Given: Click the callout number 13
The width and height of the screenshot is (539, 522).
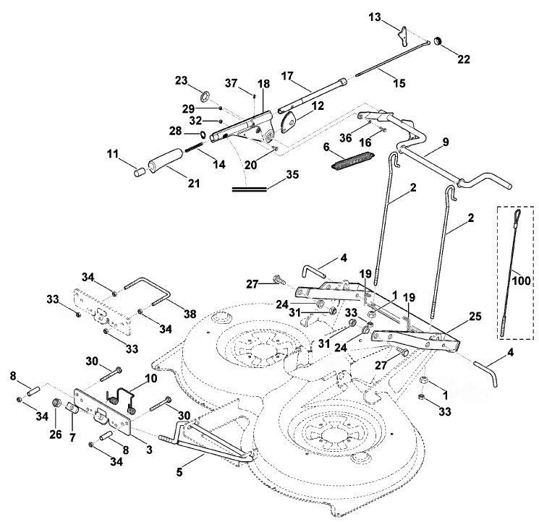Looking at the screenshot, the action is point(375,17).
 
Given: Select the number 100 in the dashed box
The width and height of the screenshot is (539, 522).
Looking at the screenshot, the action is point(522,281).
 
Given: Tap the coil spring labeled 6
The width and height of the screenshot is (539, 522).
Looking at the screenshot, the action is point(352,161).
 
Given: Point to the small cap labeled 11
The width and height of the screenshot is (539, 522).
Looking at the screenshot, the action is point(140,171).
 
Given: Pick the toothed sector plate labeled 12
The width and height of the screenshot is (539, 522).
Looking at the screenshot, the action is point(288,122).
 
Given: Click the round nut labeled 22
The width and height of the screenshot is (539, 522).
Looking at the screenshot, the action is point(437,41).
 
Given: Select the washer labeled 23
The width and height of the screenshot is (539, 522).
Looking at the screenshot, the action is point(205,96).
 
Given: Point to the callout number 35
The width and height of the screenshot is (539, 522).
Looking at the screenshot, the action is point(292,174).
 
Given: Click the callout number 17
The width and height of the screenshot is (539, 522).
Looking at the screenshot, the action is point(287,76).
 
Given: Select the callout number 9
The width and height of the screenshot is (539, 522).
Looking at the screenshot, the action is point(446,142).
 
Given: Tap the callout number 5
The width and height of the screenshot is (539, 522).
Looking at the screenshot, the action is point(179,472).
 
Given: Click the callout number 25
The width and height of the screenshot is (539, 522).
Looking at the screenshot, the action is point(475,316).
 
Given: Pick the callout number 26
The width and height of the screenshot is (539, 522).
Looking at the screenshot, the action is point(56,434).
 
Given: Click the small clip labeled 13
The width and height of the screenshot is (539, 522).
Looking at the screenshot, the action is point(403,37).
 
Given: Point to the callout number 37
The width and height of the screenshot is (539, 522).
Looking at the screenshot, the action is point(232,83).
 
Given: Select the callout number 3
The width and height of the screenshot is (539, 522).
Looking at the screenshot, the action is point(149,450).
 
